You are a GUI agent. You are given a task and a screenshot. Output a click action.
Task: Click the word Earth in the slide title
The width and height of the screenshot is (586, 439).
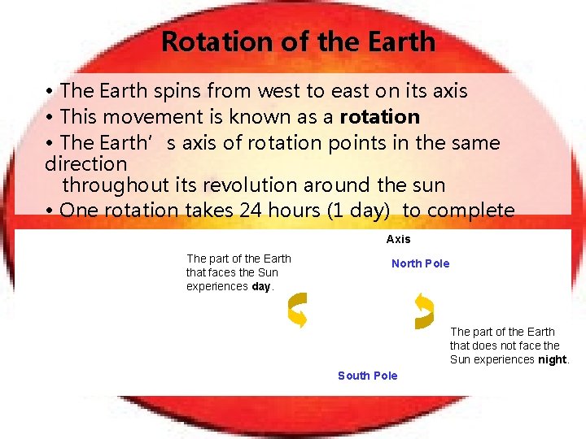tap(396, 41)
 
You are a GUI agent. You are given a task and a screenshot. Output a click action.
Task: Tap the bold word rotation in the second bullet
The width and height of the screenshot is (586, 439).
tap(379, 116)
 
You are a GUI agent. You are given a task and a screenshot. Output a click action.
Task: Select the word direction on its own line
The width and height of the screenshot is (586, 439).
tap(86, 163)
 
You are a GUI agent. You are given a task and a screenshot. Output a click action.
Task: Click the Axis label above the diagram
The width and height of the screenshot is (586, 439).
tap(398, 239)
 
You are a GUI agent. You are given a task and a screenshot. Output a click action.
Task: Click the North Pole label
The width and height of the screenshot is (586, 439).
tap(420, 263)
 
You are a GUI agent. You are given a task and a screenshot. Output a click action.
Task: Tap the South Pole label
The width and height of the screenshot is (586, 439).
tap(367, 376)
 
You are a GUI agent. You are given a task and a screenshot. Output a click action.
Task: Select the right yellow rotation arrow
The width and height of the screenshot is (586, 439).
tap(423, 311)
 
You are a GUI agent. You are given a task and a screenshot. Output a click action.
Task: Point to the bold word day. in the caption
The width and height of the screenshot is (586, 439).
tap(263, 287)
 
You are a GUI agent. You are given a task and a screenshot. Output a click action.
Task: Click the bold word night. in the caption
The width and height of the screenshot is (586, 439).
tap(553, 359)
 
